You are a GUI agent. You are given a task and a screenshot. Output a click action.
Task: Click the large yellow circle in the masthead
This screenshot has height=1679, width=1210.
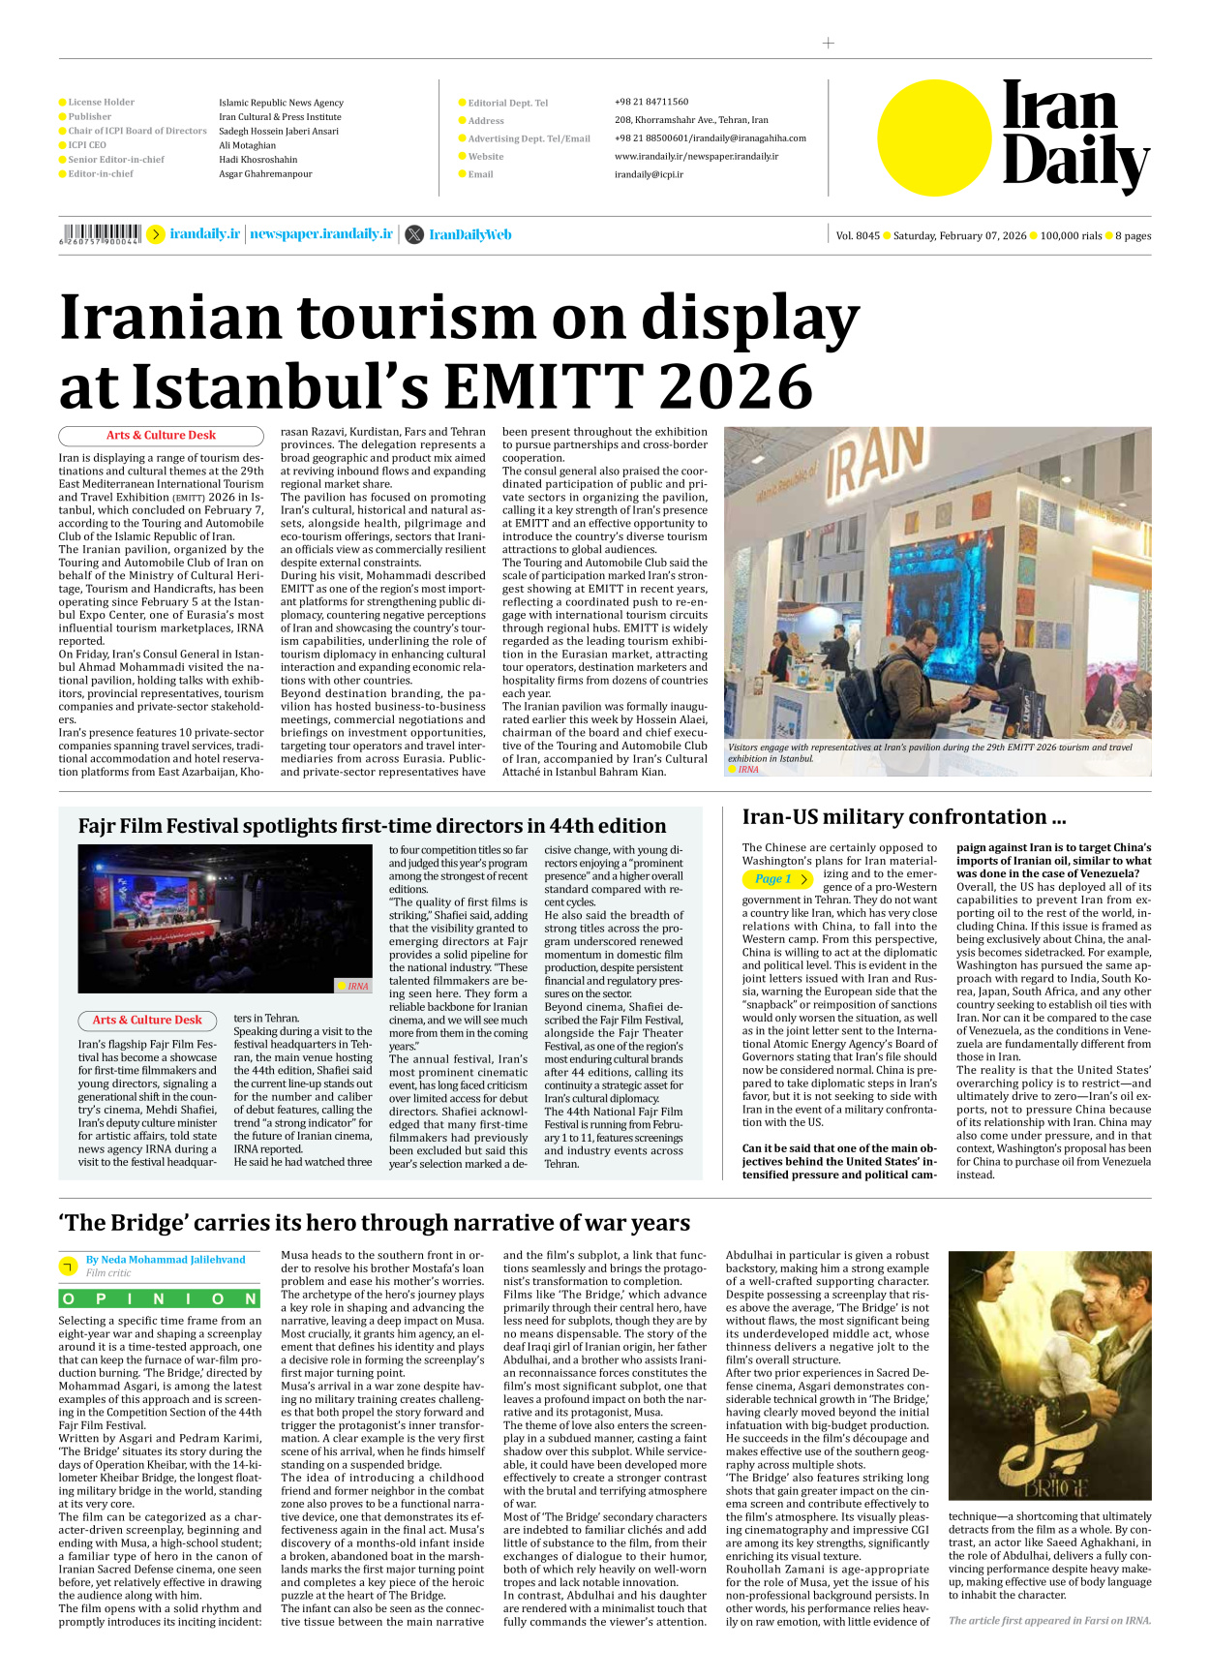point(934,137)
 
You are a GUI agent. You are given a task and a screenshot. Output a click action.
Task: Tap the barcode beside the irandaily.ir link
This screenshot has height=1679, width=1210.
point(100,233)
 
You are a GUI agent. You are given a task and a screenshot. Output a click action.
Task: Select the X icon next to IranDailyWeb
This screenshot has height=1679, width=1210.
point(414,234)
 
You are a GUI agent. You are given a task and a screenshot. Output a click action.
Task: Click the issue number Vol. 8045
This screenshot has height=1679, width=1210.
point(858,235)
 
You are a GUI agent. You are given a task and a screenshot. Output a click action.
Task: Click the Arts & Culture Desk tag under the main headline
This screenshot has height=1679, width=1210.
point(161,436)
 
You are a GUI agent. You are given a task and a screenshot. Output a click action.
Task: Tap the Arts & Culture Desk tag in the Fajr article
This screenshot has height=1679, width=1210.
point(147,1020)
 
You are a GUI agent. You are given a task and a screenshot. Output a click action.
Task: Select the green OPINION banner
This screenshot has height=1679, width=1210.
point(160,1299)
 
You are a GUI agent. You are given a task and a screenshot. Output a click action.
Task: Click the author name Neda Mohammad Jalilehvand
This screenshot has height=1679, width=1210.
point(166,1260)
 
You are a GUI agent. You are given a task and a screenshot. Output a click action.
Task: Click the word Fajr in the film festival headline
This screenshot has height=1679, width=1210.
point(103,826)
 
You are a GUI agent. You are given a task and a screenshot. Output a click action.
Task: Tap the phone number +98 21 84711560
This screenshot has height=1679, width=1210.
point(651,102)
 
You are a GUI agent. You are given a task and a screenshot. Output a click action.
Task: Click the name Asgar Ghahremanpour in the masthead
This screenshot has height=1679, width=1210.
point(265,174)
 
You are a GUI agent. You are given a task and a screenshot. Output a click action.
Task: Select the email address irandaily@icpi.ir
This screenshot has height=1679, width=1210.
point(649,174)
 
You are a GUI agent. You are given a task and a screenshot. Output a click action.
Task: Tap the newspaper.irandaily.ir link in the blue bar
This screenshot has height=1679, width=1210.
point(321,234)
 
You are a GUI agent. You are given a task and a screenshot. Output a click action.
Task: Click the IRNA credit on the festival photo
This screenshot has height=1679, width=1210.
point(357,986)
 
